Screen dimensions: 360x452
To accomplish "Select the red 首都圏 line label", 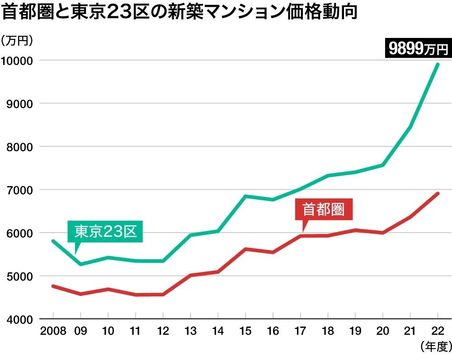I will point(323,209).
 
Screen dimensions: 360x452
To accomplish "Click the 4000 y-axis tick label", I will point(19,319).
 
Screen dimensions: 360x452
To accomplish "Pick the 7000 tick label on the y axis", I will point(19,190).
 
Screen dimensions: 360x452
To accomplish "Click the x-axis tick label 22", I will point(438,331).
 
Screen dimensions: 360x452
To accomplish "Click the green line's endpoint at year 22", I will point(438,64).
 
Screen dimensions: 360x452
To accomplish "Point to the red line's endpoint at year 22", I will point(438,193).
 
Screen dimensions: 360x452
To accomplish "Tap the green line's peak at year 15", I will point(245,196).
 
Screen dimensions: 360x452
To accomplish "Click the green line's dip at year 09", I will point(81,264).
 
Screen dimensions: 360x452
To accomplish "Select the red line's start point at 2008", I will point(53,286).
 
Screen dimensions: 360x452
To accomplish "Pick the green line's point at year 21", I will point(410,127).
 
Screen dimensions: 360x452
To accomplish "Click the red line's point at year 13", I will point(191,275).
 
